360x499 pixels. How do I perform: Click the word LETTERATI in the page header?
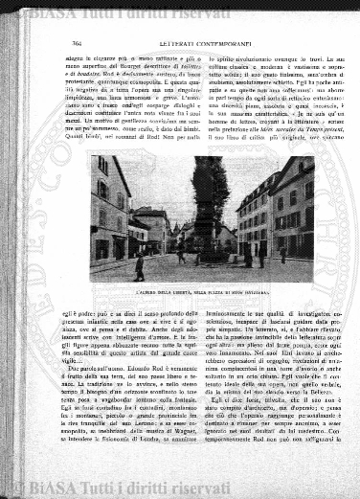[x=165, y=43]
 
